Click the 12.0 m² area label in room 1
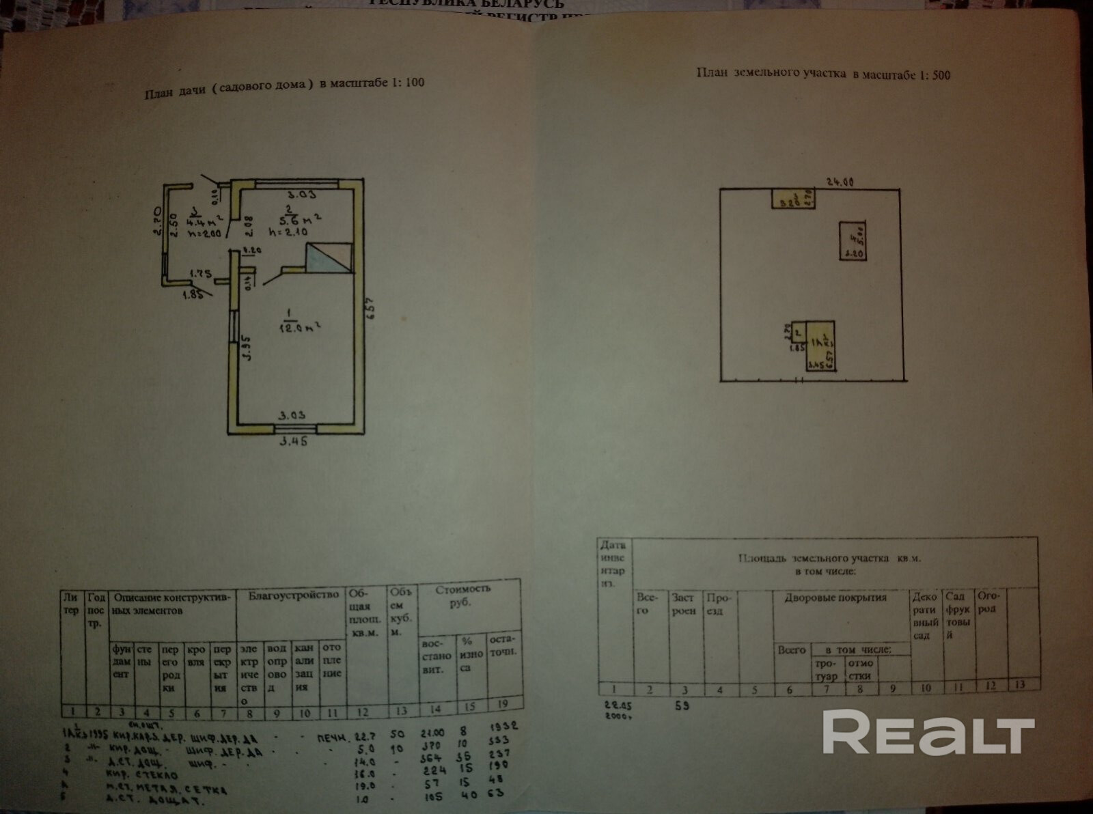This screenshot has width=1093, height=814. [x=300, y=325]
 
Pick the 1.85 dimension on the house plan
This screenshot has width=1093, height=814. [x=193, y=295]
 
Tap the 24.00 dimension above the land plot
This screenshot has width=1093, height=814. [x=840, y=182]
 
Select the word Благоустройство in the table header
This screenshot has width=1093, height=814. [x=293, y=595]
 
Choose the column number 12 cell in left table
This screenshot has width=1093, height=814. [x=363, y=712]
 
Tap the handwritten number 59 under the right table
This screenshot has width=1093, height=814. [x=681, y=705]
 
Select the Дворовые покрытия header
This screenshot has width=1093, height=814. [x=835, y=598]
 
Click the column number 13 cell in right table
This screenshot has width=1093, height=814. [x=1020, y=684]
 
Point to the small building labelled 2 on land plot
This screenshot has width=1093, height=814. [x=796, y=333]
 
